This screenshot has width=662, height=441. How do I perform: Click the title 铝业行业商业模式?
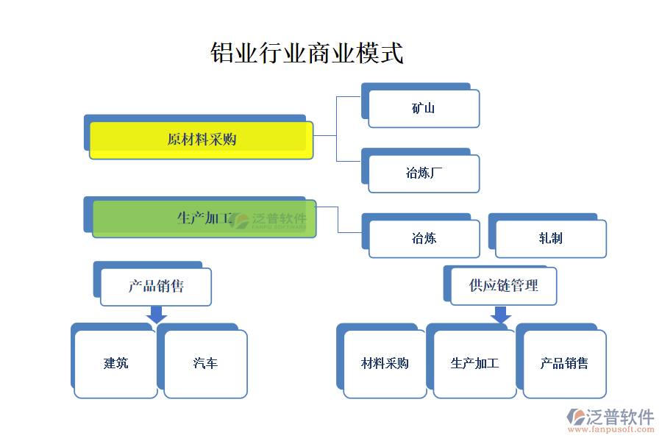[x=307, y=54]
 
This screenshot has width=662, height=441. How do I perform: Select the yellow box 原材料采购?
[x=202, y=140]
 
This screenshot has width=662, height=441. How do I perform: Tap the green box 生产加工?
[x=204, y=218]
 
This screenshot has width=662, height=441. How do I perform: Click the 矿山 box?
[x=424, y=109]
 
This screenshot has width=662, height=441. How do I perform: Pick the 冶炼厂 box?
[x=424, y=174]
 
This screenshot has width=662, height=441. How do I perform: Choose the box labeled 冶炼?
[x=424, y=238]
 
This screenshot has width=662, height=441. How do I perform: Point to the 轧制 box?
[x=550, y=238]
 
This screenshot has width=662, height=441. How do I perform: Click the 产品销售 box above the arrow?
[x=156, y=287]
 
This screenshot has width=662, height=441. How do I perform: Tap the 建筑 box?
[x=116, y=364]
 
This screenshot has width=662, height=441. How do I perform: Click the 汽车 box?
[x=205, y=364]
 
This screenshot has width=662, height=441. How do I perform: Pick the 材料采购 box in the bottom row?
[x=385, y=364]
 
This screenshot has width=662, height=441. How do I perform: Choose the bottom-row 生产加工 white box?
[x=474, y=364]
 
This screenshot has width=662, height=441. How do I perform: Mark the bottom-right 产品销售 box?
[x=564, y=364]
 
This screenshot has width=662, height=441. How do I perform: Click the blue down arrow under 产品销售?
[x=156, y=314]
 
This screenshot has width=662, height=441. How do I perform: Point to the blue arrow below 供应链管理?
[x=501, y=314]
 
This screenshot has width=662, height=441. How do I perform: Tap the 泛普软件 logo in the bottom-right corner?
[x=610, y=417]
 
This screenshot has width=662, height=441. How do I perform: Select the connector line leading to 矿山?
[x=349, y=96]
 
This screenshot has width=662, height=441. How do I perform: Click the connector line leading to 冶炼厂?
[x=349, y=161]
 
